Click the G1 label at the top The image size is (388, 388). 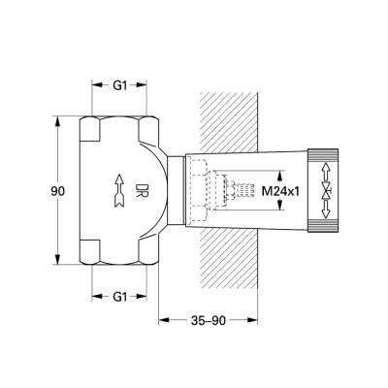pyautogui.click(x=119, y=85)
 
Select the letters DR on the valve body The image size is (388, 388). pyautogui.click(x=142, y=188)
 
